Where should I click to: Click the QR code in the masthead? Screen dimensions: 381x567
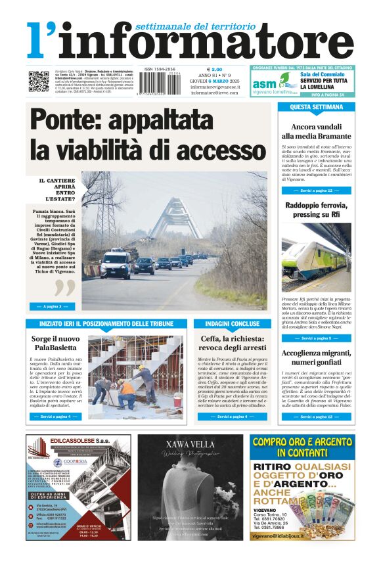point(38,81)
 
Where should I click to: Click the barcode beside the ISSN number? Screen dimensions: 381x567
point(161,83)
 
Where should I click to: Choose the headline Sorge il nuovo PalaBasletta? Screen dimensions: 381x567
point(56,344)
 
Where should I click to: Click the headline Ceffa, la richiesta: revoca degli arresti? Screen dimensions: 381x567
point(233,344)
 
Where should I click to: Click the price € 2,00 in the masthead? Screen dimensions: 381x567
point(215,69)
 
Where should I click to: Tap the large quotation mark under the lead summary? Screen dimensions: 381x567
point(65,288)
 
